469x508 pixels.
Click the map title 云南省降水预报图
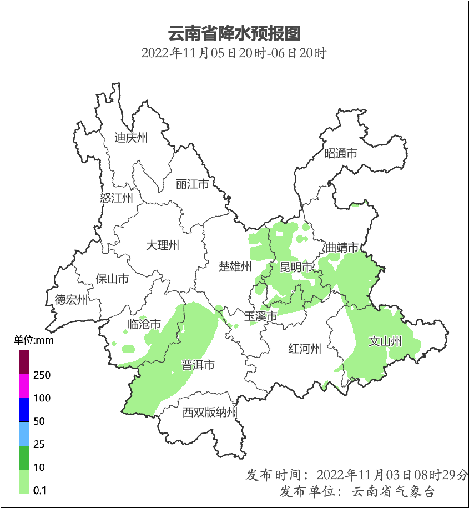(x=234, y=34)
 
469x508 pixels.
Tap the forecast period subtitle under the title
(x=234, y=54)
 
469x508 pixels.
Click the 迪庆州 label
(x=131, y=138)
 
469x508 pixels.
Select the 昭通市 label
(x=341, y=154)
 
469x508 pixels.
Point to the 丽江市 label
(x=192, y=184)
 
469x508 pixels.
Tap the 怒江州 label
(x=117, y=198)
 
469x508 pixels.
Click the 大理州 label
(x=163, y=245)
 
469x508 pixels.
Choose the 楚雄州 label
(x=235, y=266)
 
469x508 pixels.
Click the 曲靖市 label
(x=342, y=248)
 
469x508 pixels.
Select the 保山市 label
(x=113, y=279)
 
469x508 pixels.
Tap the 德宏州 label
(x=71, y=300)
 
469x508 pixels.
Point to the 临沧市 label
(x=144, y=324)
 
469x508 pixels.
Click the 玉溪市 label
(x=261, y=317)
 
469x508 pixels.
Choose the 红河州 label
(x=305, y=349)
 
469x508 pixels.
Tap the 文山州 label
(x=385, y=341)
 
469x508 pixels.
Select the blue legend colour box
(x=24, y=410)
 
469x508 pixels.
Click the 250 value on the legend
(x=42, y=375)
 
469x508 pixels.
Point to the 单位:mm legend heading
(x=34, y=340)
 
